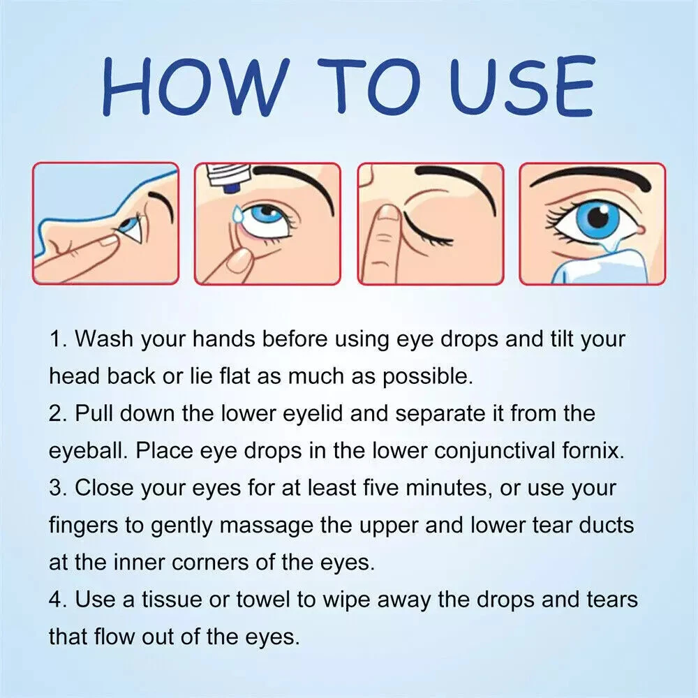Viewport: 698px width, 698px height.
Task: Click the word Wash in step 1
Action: pyautogui.click(x=104, y=339)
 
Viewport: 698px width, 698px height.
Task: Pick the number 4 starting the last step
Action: pyautogui.click(x=57, y=600)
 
